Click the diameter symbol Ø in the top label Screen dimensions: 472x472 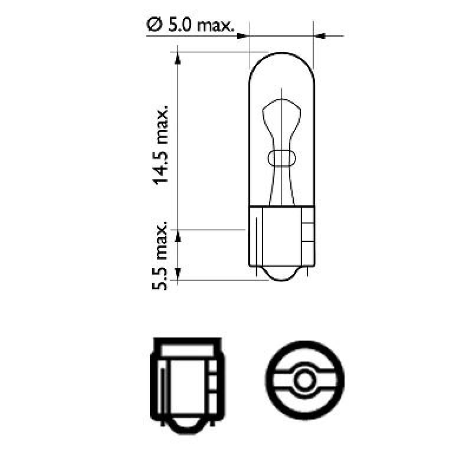[152, 25]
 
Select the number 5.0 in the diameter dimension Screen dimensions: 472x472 [180, 25]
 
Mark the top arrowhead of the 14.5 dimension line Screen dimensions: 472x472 [178, 57]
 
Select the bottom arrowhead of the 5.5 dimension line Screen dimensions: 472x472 [178, 274]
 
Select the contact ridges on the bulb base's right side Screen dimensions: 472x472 [307, 234]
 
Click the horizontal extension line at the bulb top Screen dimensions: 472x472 [212, 52]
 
